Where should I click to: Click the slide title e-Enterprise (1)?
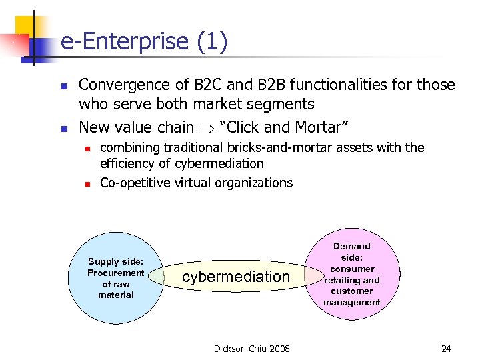point(144,42)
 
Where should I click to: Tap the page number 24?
point(447,349)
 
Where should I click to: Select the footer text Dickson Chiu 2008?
point(251,349)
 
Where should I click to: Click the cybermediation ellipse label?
point(236,277)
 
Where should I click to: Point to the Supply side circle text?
point(116,279)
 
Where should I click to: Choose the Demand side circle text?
point(351,274)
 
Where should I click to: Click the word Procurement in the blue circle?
point(116,273)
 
